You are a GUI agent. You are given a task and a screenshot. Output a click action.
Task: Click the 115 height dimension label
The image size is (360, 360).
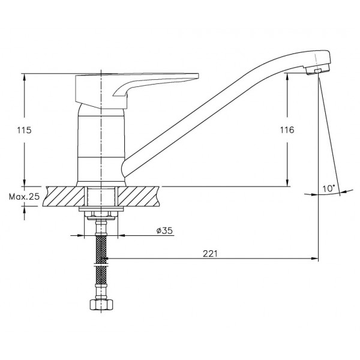(x=24, y=130)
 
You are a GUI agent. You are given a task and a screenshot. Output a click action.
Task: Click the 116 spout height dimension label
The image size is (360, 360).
(x=287, y=130)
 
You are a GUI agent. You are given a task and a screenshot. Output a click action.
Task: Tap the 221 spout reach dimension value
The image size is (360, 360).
(x=210, y=254)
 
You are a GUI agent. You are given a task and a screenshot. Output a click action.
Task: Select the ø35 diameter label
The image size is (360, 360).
(x=164, y=230)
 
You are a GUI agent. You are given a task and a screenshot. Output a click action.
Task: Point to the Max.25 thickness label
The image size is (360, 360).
(x=24, y=197)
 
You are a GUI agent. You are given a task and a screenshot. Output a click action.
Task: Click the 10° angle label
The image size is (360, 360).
(x=329, y=189)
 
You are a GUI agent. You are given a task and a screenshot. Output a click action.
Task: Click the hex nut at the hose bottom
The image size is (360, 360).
(x=101, y=305)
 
